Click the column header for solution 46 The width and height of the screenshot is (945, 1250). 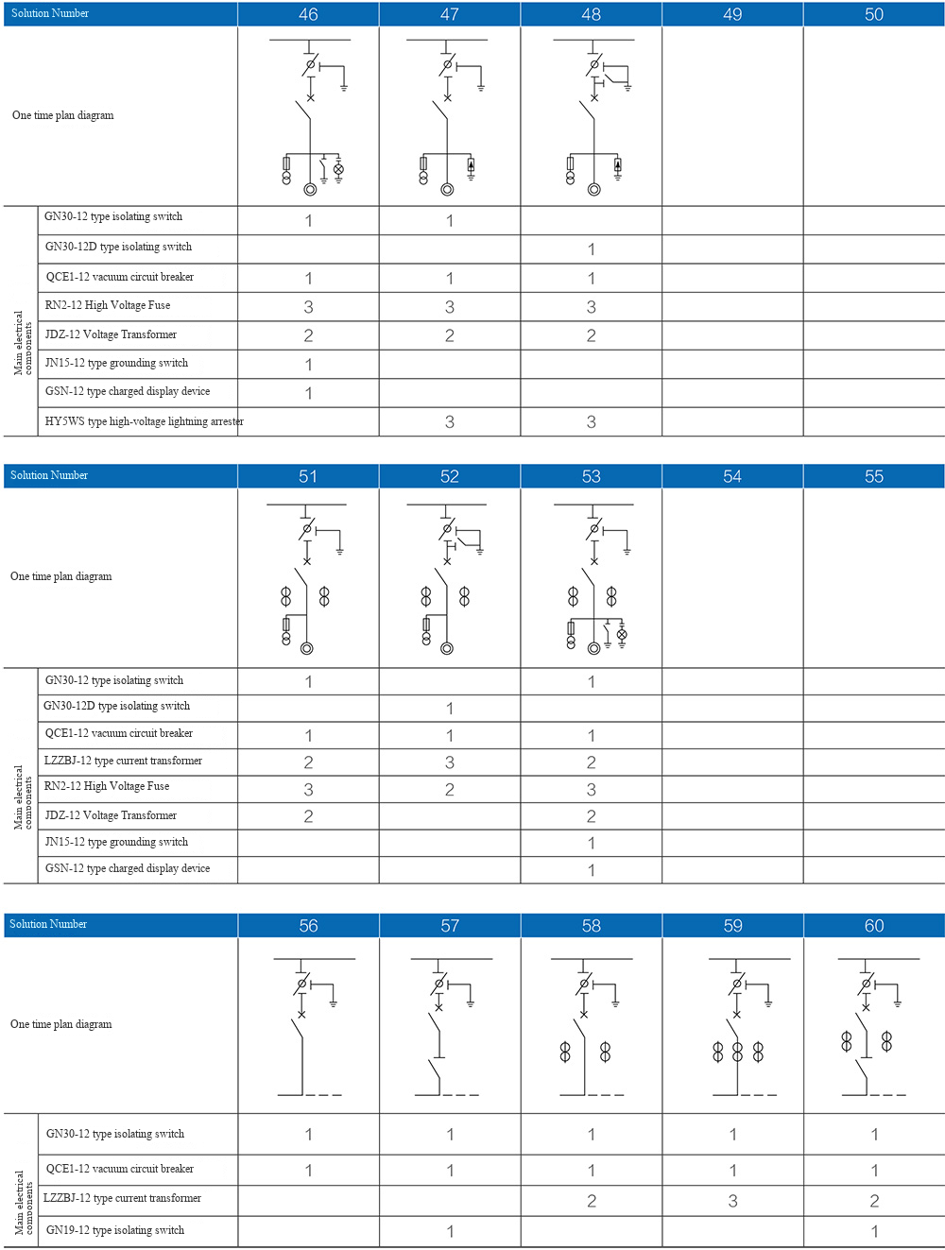pos(308,14)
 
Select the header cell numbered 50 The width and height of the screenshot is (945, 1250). pos(874,14)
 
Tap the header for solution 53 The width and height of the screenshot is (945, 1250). pos(592,476)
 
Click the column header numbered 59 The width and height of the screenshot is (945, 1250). pos(733,926)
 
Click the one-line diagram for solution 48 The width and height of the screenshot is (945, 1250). pos(593,116)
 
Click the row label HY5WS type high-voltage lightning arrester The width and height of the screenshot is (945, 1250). pos(144,421)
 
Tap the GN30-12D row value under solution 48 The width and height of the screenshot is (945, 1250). pos(592,249)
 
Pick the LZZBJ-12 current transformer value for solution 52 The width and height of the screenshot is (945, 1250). pos(450,762)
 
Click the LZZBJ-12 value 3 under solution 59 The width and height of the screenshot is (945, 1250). pos(733,1201)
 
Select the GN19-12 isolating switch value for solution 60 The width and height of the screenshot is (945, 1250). pos(874,1231)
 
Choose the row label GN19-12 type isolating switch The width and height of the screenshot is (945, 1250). pos(115,1230)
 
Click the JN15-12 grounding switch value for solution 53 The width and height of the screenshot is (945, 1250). pos(592,843)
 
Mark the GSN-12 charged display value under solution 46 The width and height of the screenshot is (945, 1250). pos(308,393)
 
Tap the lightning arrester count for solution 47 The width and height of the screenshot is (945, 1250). pos(450,422)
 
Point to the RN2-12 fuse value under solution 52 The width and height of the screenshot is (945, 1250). pos(450,790)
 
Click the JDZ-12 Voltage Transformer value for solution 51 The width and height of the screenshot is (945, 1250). pos(308,816)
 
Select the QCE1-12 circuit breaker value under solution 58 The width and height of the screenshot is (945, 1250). pos(592,1171)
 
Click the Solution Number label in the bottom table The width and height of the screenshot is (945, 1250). pos(48,924)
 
